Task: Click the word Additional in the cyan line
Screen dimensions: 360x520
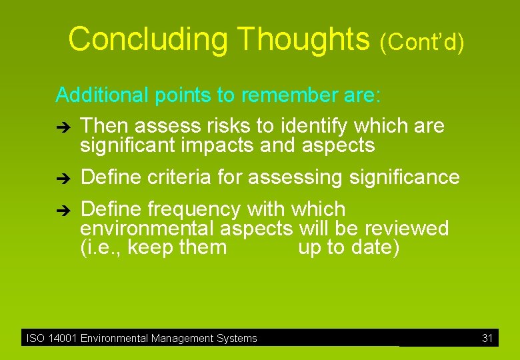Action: pyautogui.click(x=102, y=95)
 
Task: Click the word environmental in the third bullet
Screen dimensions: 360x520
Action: pyautogui.click(x=147, y=229)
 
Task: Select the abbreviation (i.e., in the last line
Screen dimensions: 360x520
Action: pyautogui.click(x=101, y=248)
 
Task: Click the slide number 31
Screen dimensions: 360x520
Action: pyautogui.click(x=487, y=339)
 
